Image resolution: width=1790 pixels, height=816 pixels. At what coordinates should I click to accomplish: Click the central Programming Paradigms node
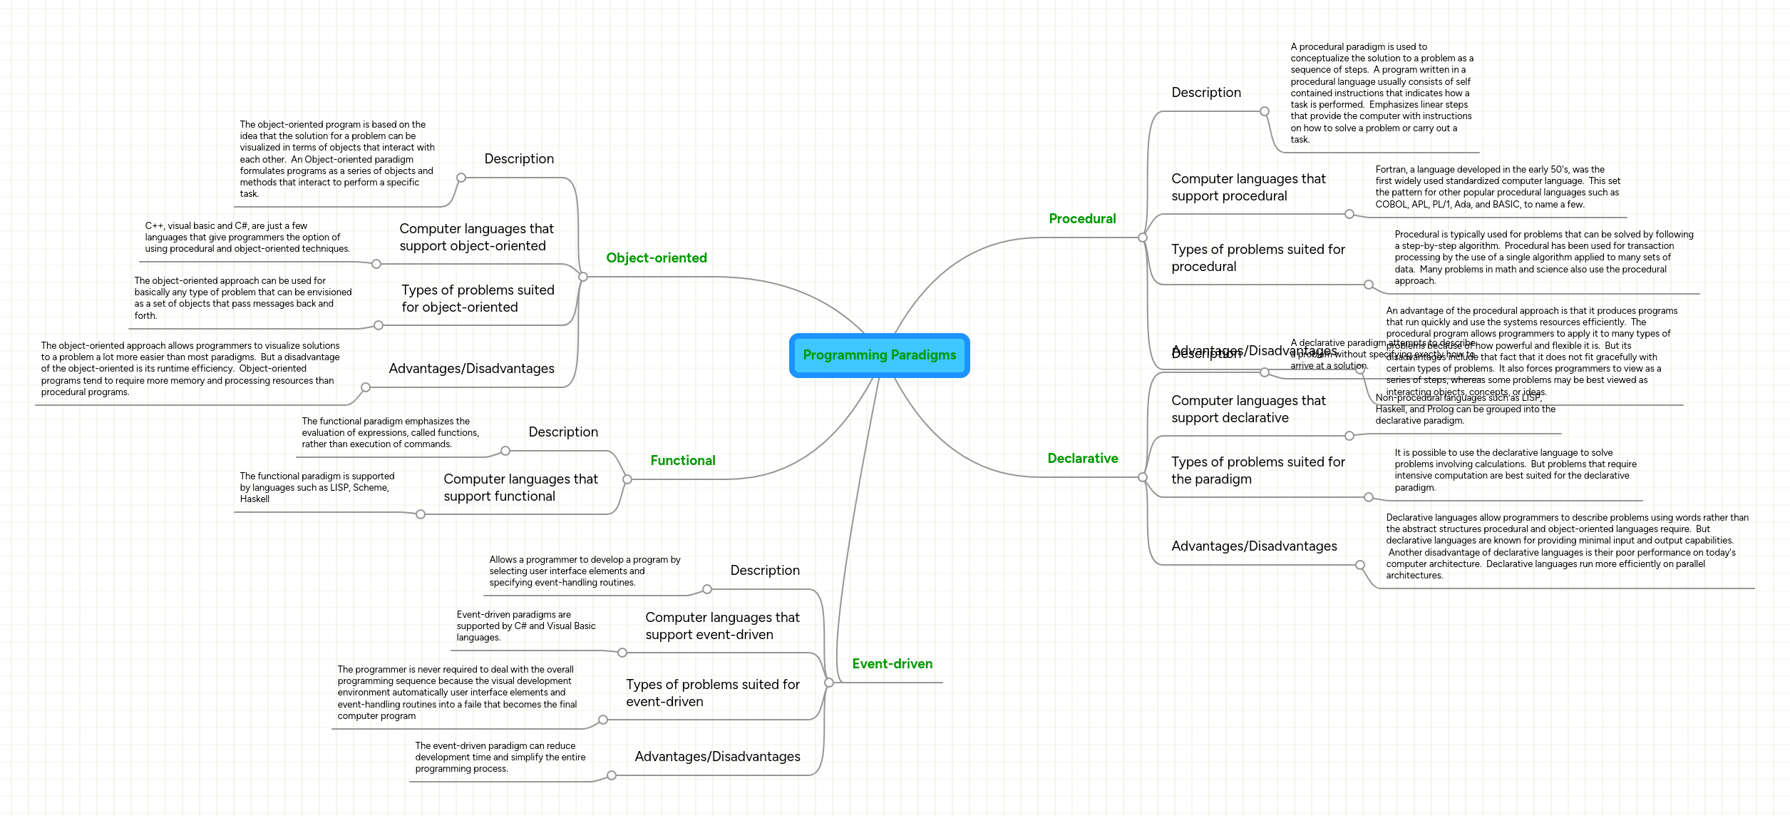(x=879, y=355)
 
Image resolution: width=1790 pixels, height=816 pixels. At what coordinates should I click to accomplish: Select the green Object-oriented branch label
(x=657, y=258)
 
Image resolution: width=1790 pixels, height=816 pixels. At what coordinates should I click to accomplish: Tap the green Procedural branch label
(x=1082, y=219)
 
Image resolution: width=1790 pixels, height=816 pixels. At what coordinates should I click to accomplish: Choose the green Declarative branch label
(x=1082, y=459)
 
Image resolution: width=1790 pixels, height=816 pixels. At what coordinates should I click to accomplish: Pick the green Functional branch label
(x=682, y=461)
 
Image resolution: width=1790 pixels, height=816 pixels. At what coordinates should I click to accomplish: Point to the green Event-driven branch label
(x=892, y=664)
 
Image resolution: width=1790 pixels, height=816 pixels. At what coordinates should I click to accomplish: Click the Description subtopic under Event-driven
(x=764, y=571)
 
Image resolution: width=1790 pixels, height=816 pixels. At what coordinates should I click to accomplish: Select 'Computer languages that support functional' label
(x=520, y=488)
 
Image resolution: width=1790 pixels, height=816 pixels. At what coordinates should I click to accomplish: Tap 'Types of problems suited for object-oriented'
(x=477, y=299)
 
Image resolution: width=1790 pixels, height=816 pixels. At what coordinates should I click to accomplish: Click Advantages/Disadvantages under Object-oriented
(x=471, y=369)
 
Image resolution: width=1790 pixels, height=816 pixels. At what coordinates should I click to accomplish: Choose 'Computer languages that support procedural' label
(x=1248, y=188)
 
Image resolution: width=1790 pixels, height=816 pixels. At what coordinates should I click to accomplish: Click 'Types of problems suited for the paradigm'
(x=1257, y=471)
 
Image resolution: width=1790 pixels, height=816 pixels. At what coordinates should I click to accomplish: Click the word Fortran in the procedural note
(x=1390, y=170)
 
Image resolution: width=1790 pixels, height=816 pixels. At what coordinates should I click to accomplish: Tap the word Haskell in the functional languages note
(x=254, y=499)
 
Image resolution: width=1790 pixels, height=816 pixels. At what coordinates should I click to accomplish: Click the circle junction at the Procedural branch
(x=1143, y=238)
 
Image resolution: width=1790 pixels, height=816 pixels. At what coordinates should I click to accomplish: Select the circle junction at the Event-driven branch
(x=829, y=683)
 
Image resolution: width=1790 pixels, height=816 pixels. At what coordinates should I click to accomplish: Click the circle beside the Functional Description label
(x=505, y=451)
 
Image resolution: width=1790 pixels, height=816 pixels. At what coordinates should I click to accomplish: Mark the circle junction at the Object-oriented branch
(x=583, y=277)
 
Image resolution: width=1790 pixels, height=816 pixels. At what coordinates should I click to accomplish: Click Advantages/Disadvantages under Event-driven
(x=717, y=757)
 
